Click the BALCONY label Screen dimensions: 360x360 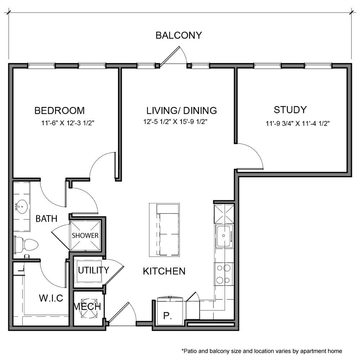pos(179,35)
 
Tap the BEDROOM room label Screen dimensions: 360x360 pos(59,111)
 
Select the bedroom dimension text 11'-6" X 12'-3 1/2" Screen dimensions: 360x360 pos(68,123)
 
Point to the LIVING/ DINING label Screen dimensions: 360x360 pos(181,111)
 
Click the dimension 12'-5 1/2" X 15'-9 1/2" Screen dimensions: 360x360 pos(175,122)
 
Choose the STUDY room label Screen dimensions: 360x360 pos(290,110)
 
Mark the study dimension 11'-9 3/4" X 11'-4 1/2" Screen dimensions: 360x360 pos(298,123)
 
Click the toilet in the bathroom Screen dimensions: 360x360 pos(26,244)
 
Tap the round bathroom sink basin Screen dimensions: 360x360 pos(22,206)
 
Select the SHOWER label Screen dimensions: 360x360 pos(85,235)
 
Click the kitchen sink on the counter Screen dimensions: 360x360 pos(224,236)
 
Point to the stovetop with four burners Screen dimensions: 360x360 pos(224,274)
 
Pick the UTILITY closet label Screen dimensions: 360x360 pos(94,270)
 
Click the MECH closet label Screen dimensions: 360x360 pos(87,306)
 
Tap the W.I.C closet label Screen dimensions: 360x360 pos(51,298)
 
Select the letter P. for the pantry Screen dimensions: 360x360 pos(168,316)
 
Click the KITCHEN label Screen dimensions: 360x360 pos(164,271)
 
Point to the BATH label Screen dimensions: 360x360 pos(46,219)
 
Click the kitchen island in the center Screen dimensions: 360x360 pos(165,230)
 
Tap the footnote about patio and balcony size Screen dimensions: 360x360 pos(262,351)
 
